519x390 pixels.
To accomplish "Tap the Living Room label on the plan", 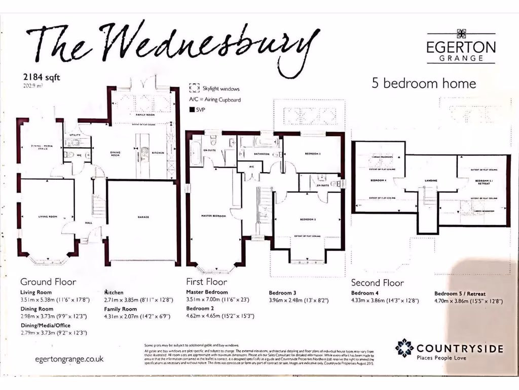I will [48, 216].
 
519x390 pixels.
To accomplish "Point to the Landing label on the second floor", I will [431, 180].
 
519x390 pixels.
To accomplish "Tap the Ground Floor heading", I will [48, 282].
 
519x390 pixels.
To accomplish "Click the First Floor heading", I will [207, 282].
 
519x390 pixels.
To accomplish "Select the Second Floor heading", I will [378, 283].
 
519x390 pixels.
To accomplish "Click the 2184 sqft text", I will [38, 77].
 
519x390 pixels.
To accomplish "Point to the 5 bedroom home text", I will [424, 83].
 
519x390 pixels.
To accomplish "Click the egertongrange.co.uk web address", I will [69, 359].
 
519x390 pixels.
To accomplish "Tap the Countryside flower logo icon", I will [404, 348].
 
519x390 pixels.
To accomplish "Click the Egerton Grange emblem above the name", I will [461, 34].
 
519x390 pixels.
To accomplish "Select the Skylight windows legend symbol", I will [194, 88].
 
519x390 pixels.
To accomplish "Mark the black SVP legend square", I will [192, 110].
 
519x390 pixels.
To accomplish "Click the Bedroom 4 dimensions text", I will [385, 301].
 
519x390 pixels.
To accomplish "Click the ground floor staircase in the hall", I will [98, 206].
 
